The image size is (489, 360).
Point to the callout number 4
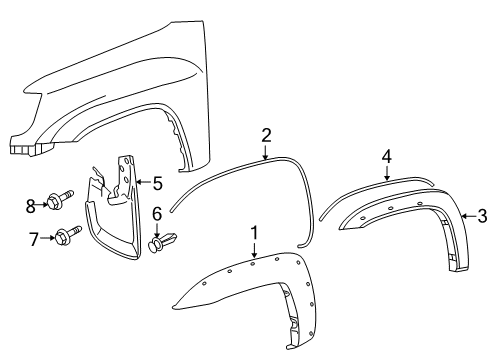[387, 155]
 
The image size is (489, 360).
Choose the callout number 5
[156, 182]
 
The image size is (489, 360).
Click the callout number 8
[31, 206]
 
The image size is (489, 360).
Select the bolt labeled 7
[67, 237]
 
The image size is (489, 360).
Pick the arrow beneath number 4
[387, 172]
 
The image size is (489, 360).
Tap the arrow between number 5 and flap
[141, 182]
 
